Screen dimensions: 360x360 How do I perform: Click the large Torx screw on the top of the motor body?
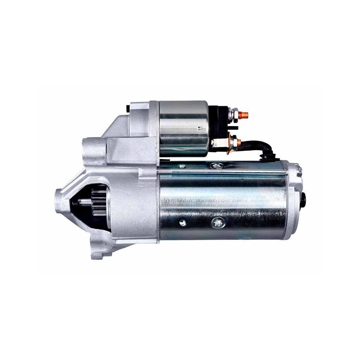[x=216, y=166]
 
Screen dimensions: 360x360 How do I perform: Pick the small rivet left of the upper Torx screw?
[x=183, y=166]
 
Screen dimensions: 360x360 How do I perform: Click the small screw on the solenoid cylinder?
[x=198, y=128]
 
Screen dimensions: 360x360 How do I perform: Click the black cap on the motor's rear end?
[x=303, y=198]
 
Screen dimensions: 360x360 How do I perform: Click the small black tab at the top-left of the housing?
[x=128, y=107]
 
